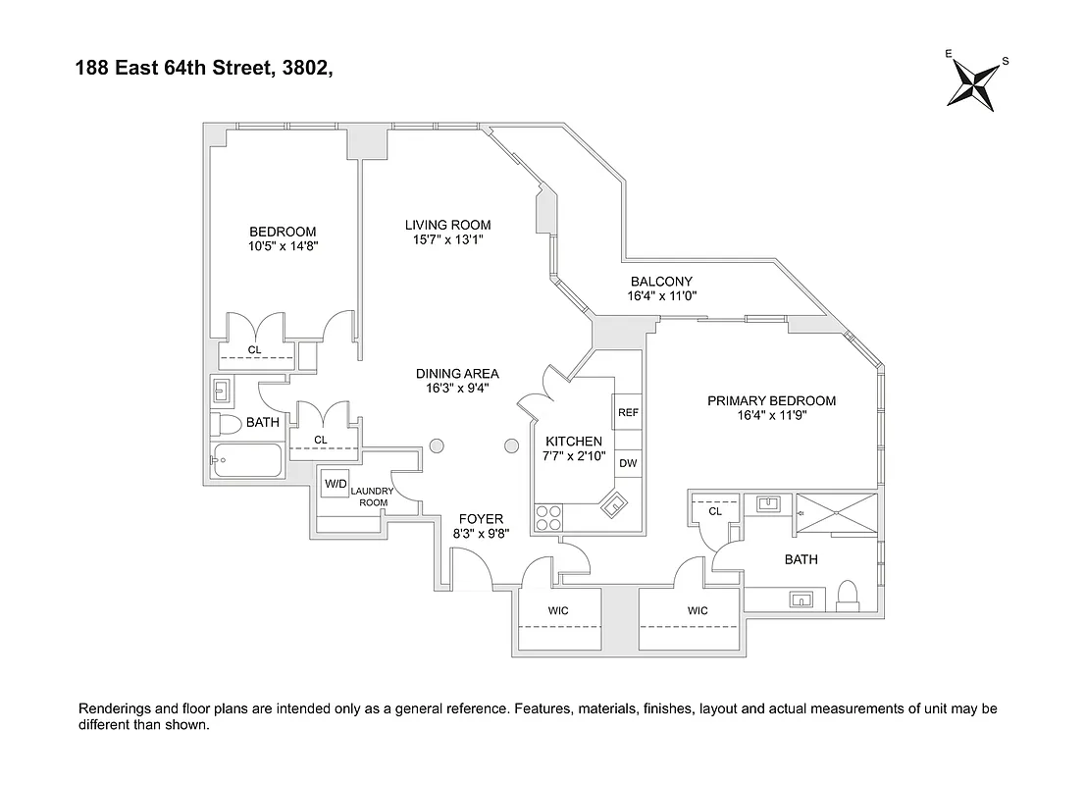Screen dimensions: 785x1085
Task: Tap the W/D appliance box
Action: point(336,483)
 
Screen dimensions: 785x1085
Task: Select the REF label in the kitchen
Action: point(628,413)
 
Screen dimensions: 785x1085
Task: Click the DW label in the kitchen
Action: point(628,463)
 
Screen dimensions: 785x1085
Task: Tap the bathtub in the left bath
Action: point(246,459)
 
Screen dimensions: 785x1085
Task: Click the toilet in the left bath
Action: point(227,425)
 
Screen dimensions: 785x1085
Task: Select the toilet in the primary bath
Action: point(849,595)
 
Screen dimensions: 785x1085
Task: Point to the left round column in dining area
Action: point(437,446)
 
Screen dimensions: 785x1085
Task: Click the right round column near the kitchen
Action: point(510,446)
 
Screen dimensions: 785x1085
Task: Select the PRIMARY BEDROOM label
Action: point(771,400)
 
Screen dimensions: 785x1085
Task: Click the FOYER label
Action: point(480,519)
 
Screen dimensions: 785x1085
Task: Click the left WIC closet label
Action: point(557,610)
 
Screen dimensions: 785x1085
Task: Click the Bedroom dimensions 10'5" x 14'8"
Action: point(283,247)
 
